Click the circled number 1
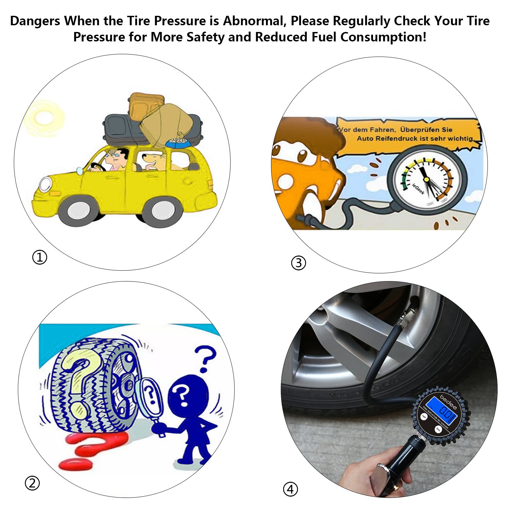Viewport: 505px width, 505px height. pos(39,258)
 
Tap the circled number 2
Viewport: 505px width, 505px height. pos(32,483)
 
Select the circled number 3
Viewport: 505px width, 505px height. pos(298,263)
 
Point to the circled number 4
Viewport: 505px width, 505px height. pos(290,489)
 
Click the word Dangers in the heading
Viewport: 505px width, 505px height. pos(35,21)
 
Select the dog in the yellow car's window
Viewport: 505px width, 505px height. pos(153,161)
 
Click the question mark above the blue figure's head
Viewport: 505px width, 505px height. pos(206,359)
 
